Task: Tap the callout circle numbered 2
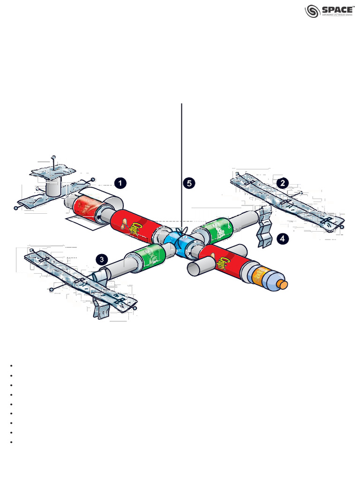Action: pyautogui.click(x=282, y=183)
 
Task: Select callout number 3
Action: pyautogui.click(x=102, y=259)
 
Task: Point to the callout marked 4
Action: pyautogui.click(x=282, y=239)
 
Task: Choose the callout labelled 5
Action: pyautogui.click(x=189, y=183)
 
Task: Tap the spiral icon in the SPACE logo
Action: pyautogui.click(x=312, y=11)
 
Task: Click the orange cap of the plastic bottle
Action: pyautogui.click(x=283, y=285)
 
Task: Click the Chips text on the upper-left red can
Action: pyautogui.click(x=138, y=227)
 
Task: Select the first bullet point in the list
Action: pyautogui.click(x=10, y=365)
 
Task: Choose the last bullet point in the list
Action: pyautogui.click(x=10, y=442)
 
